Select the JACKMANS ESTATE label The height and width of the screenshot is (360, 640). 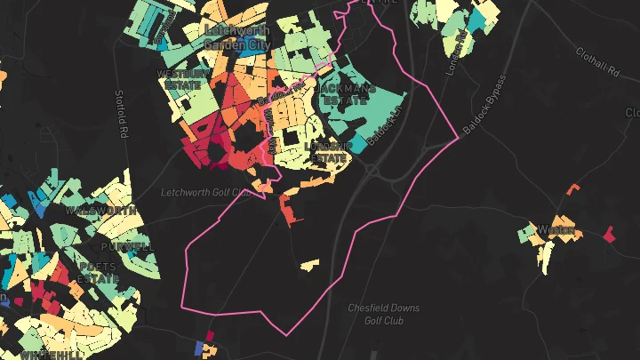[x=346, y=95]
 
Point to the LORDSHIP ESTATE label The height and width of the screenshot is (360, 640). [x=328, y=151]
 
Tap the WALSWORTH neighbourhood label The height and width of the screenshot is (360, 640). [x=100, y=211]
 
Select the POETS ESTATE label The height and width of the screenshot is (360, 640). [x=99, y=272]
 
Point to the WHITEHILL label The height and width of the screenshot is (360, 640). [x=51, y=355]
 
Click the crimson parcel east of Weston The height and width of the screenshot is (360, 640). [x=609, y=235]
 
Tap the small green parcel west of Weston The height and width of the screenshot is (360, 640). [x=530, y=233]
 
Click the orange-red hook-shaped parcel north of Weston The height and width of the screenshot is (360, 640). [x=572, y=188]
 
